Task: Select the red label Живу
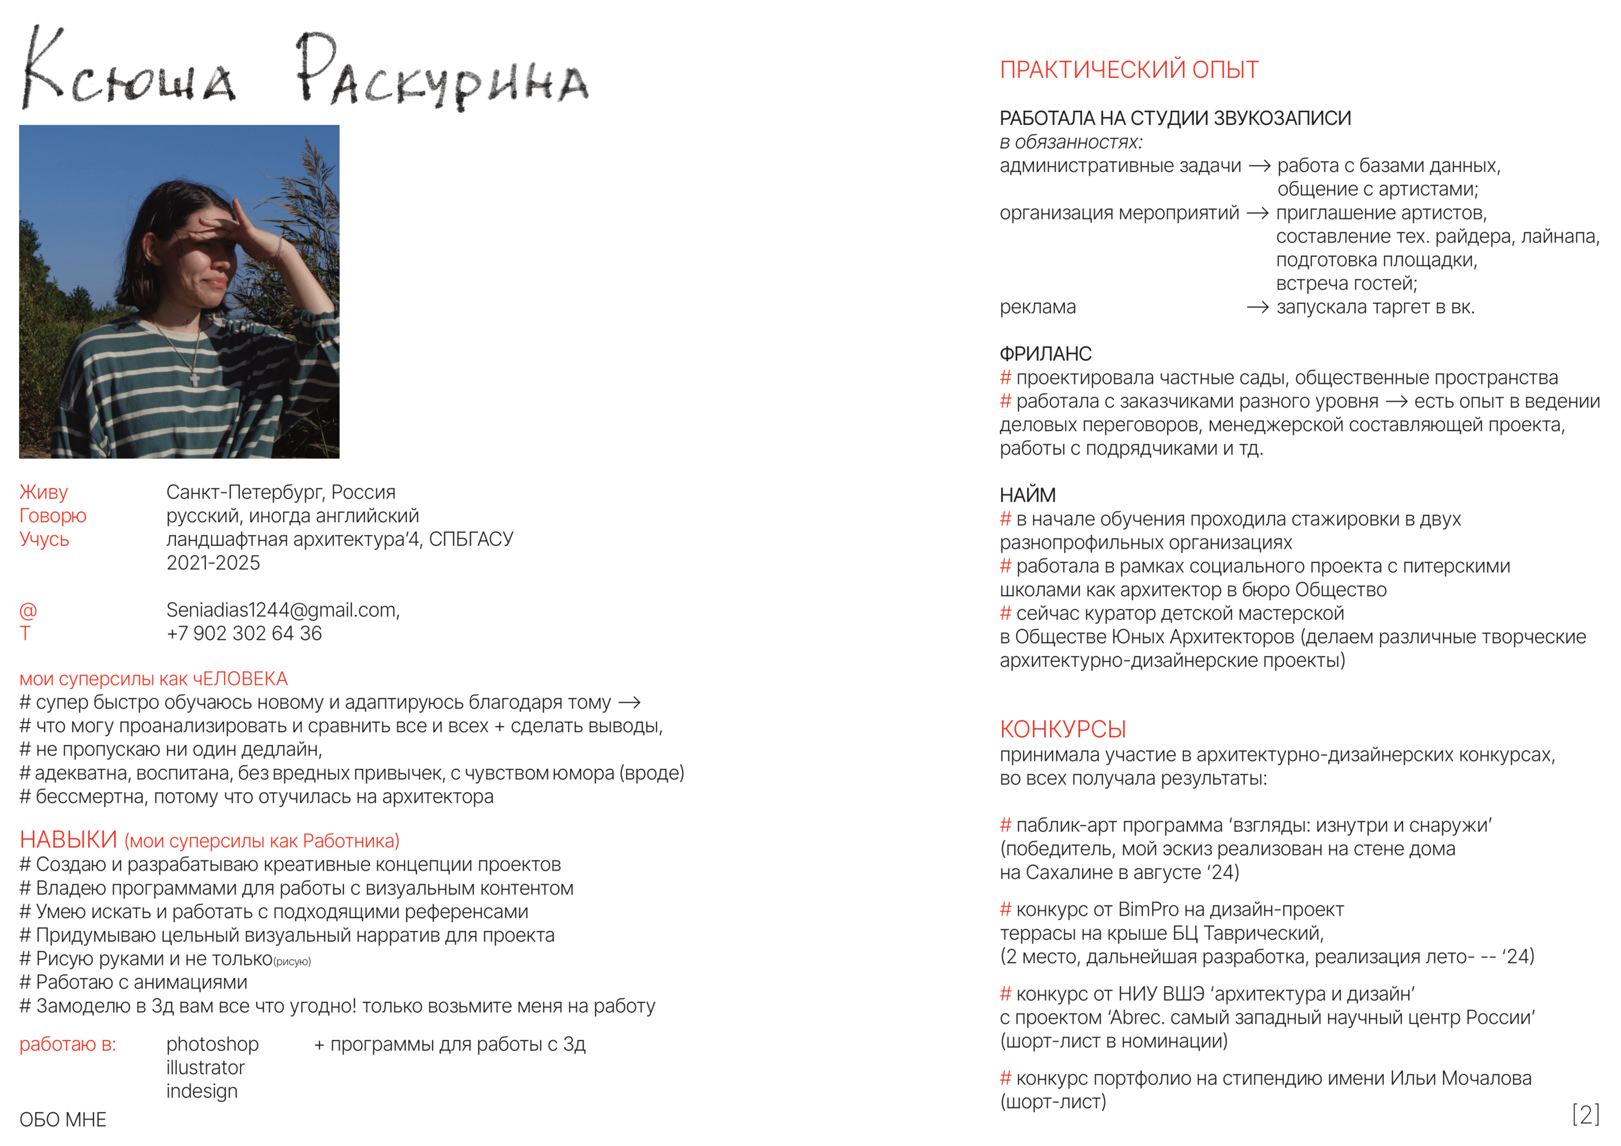tap(44, 492)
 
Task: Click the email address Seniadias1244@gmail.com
tap(282, 610)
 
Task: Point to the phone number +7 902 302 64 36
tap(244, 634)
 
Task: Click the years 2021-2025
tap(213, 563)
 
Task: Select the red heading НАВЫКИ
tap(68, 840)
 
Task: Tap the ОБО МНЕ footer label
tap(63, 1120)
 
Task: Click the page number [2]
tap(1586, 1115)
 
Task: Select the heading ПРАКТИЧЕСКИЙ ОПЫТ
tap(1129, 70)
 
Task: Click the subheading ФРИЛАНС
tap(1046, 353)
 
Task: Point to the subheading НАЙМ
tap(1028, 495)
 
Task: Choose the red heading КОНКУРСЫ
tap(1063, 729)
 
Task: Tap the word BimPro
tap(1149, 910)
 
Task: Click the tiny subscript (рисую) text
tap(292, 962)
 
